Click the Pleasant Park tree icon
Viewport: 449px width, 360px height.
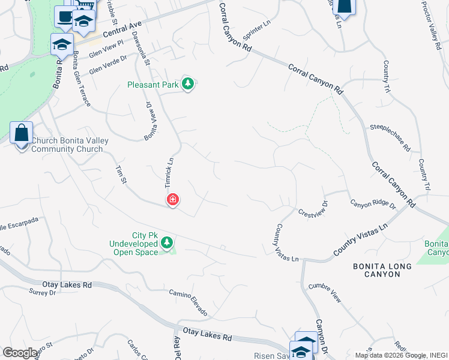point(188,84)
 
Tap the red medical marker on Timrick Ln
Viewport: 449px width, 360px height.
point(173,199)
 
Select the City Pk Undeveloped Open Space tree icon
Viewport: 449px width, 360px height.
point(167,243)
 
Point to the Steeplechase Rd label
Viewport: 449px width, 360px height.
point(390,137)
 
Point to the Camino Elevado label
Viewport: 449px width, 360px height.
point(188,302)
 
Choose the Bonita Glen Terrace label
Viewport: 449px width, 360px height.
point(82,79)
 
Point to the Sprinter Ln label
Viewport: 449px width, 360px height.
point(257,31)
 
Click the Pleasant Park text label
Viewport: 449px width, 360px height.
point(153,85)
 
